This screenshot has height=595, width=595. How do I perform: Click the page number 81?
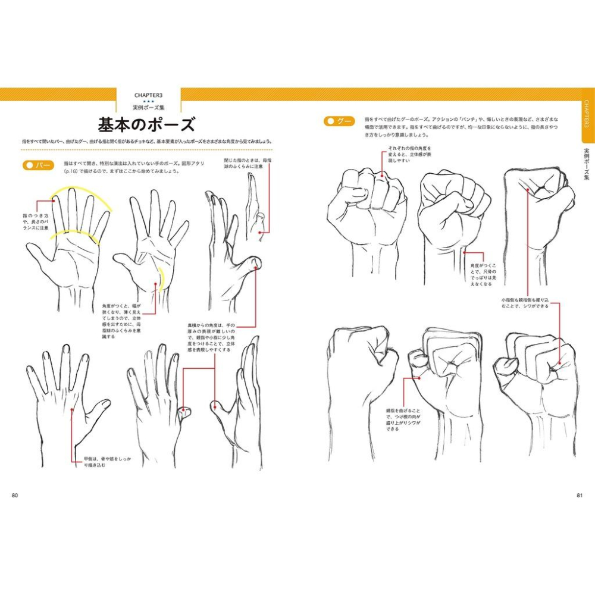click(580, 495)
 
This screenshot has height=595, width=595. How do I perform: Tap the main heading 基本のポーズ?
click(146, 126)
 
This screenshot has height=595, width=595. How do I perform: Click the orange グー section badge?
click(340, 121)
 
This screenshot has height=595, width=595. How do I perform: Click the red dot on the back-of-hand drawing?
click(73, 409)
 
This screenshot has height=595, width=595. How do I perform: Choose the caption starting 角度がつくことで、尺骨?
click(489, 275)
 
